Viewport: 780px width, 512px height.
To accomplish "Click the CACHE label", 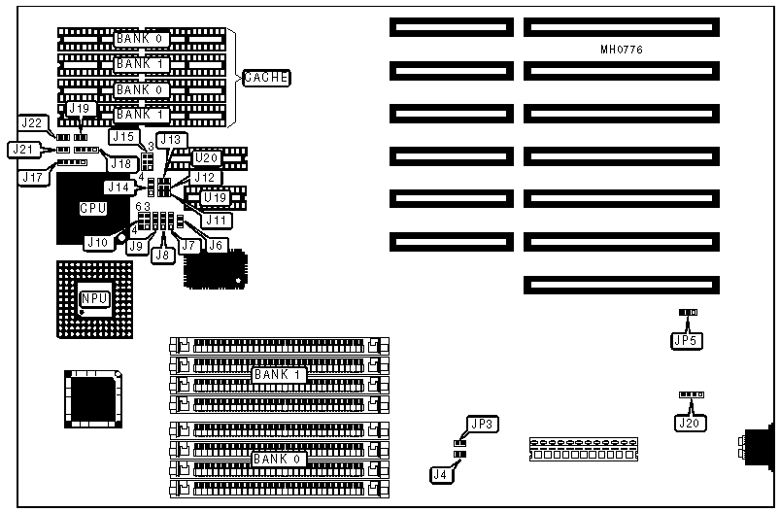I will click(266, 77).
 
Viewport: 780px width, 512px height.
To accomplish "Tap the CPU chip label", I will click(92, 207).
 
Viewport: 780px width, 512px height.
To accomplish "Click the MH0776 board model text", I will click(622, 48).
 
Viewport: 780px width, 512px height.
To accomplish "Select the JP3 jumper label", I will click(481, 424).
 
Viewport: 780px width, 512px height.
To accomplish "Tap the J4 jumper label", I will click(441, 474).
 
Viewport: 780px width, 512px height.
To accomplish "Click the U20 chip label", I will click(207, 157).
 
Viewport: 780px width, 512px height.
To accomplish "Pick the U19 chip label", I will click(215, 198).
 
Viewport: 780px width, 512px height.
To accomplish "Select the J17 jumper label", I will click(33, 177).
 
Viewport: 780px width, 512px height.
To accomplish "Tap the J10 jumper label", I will click(97, 241).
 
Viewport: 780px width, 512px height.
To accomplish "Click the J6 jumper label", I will click(215, 245).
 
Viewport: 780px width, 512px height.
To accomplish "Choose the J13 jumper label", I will click(171, 139).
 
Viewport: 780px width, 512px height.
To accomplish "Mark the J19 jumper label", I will click(79, 109).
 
